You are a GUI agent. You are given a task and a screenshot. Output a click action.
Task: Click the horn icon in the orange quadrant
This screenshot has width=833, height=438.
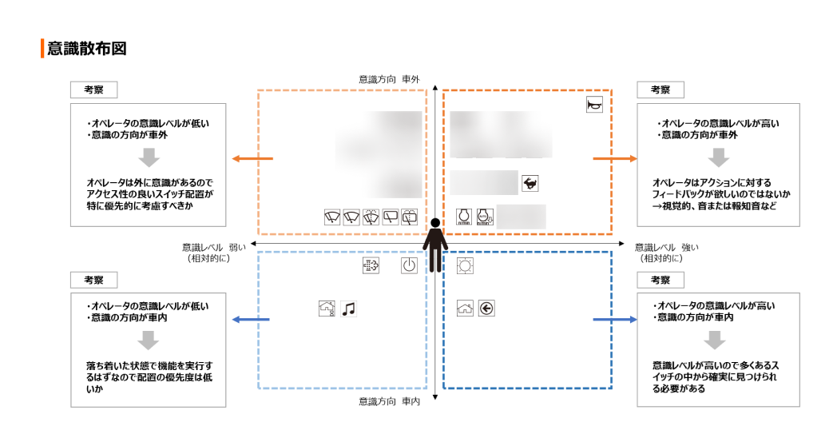coord(594,105)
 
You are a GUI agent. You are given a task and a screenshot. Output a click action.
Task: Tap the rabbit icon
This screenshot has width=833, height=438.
coord(530,182)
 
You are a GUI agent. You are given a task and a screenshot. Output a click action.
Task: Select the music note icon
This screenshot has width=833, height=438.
coord(348,309)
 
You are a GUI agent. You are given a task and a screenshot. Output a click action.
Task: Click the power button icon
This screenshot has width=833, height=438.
coord(409,266)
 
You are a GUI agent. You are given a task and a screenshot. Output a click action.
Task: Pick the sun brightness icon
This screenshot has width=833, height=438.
coord(465,266)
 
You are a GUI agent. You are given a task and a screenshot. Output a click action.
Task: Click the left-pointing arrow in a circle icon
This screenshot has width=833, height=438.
coord(486,309)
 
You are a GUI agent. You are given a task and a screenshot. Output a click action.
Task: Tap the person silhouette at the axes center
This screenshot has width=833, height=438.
coord(434,244)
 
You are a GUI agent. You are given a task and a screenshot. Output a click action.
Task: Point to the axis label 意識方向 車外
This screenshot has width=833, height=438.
coord(389,80)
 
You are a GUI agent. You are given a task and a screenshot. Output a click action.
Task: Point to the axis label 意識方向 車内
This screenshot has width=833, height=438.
coord(389,401)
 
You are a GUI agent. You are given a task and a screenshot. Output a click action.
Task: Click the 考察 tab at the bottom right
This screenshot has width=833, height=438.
coord(660,280)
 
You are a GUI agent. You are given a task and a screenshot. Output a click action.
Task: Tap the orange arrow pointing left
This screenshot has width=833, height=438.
coord(251,158)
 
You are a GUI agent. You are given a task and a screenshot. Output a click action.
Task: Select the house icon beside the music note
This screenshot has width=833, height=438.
coord(327,309)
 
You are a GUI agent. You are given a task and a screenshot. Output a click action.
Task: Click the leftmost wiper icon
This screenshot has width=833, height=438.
coord(332,217)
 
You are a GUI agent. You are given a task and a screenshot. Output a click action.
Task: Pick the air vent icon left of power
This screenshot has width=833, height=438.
coord(370,266)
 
